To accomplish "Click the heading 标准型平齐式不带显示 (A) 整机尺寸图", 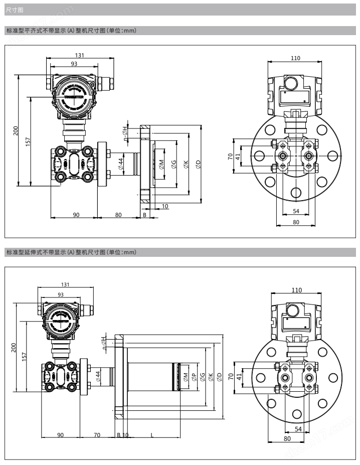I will click(71, 31).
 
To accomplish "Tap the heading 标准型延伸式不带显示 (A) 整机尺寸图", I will click(71, 252).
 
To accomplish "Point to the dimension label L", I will click(152, 435).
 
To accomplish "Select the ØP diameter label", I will click(194, 377).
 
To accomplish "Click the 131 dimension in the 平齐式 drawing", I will click(79, 55).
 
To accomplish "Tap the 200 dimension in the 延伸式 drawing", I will click(14, 348).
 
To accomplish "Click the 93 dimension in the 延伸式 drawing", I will click(61, 294).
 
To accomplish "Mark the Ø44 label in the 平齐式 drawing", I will click(121, 163).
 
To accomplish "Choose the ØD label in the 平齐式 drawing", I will click(198, 164).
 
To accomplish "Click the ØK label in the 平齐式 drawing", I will click(186, 164).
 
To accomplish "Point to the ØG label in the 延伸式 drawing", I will click(202, 377).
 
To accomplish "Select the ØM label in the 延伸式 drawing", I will click(185, 377).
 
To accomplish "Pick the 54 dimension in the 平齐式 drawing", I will click(296, 211).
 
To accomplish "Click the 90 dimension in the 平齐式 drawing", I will click(76, 215).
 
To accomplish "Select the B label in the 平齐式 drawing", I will click(144, 215).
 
